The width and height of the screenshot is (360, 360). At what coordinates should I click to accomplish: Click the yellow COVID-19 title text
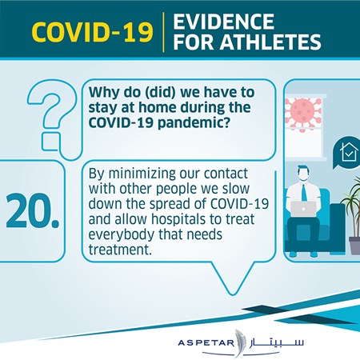(x=92, y=32)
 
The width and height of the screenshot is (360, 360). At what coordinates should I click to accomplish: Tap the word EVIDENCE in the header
(x=223, y=22)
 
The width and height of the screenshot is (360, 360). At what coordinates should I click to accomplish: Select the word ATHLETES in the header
(x=270, y=42)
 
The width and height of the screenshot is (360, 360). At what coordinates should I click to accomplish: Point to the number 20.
(x=33, y=211)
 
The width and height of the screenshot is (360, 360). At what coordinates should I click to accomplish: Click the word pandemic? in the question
(x=194, y=123)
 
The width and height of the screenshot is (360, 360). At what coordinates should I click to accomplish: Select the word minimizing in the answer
(x=142, y=174)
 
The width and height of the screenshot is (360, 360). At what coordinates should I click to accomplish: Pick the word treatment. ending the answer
(x=120, y=250)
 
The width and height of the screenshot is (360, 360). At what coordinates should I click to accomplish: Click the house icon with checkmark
(x=348, y=152)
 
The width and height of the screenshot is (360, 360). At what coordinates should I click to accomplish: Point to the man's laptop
(x=303, y=209)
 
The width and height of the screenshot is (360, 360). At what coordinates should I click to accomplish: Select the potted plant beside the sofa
(x=353, y=216)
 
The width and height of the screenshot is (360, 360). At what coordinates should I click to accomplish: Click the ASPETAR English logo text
(x=206, y=342)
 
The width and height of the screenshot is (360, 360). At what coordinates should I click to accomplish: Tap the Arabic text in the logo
(x=277, y=342)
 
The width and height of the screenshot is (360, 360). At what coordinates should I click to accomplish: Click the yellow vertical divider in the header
(x=163, y=32)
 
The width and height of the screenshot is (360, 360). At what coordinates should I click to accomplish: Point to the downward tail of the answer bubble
(x=233, y=280)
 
